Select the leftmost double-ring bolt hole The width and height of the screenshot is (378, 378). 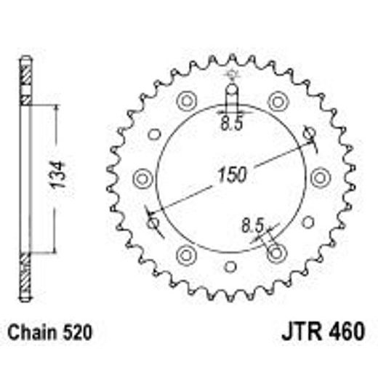pyautogui.click(x=142, y=177)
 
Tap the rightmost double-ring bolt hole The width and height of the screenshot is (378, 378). pyautogui.click(x=318, y=177)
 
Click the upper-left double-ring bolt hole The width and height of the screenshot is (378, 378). pyautogui.click(x=186, y=100)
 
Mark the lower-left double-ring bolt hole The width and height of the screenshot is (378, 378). pyautogui.click(x=186, y=254)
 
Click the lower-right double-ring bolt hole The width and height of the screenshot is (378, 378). pyautogui.click(x=275, y=254)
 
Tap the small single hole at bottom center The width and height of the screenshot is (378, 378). pyautogui.click(x=230, y=266)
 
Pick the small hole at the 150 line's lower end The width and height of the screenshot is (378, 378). pyautogui.click(x=153, y=221)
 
